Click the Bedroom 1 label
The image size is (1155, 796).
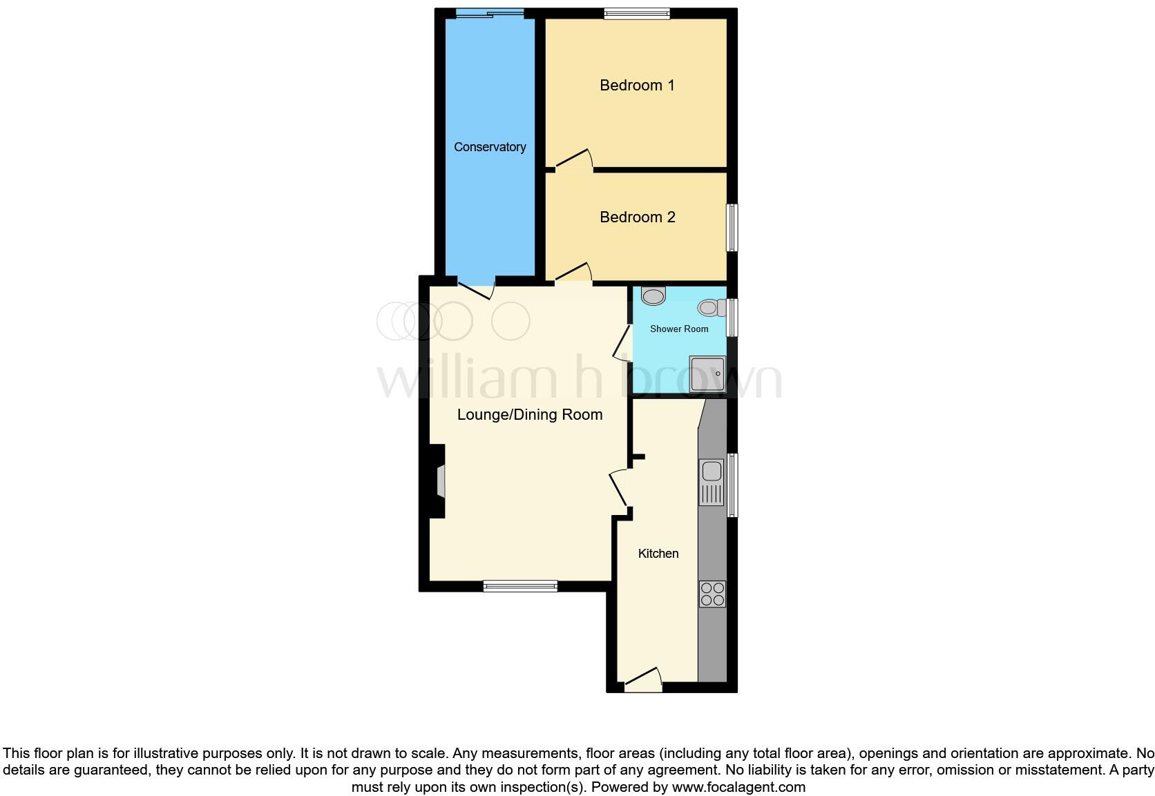pos(636,86)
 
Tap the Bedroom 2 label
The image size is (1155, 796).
pos(637,217)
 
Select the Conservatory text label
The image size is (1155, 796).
pos(490,147)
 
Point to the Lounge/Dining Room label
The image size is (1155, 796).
pos(530,415)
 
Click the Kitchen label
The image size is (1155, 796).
pos(658,554)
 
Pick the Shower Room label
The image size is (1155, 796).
pos(679,329)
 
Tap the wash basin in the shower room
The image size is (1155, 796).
pos(653,295)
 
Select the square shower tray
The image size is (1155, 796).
pos(707,374)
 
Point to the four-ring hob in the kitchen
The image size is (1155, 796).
pos(712,594)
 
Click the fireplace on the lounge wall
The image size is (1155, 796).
pos(438,481)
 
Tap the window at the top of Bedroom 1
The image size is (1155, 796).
pos(637,13)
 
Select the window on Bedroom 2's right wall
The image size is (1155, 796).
pos(732,227)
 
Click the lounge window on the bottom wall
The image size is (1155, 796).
pos(520,586)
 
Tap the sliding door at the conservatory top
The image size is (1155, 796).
pos(489,13)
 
